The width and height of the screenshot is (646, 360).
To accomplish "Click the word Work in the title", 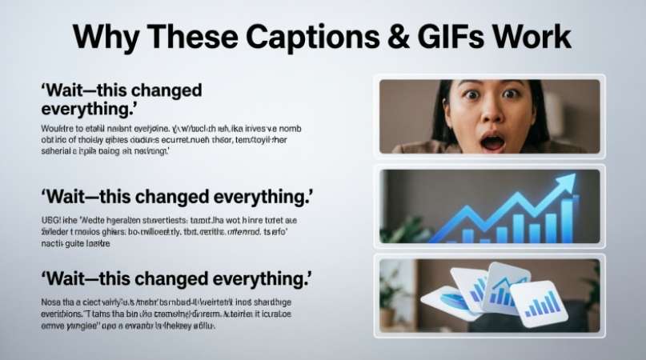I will tap(536, 38).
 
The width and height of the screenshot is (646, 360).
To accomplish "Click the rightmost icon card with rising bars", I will tap(540, 303).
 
